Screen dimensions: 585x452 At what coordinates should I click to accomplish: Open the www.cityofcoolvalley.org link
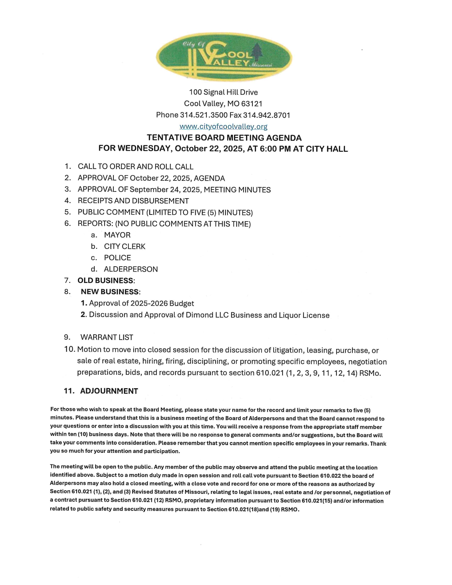[223, 126]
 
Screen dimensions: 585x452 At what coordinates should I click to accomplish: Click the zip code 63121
[252, 104]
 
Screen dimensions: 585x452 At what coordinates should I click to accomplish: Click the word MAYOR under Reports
[117, 235]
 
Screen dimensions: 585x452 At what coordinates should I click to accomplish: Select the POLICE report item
[117, 258]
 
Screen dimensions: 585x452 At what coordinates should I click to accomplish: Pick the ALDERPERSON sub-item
[131, 269]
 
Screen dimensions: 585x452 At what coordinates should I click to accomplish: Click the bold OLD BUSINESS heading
[106, 280]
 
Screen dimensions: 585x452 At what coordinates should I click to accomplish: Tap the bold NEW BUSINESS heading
[110, 292]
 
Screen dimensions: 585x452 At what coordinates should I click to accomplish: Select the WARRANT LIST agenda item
[107, 337]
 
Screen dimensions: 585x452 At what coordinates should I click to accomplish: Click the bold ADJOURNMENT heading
[109, 391]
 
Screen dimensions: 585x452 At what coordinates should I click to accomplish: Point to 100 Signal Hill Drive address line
[223, 92]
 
